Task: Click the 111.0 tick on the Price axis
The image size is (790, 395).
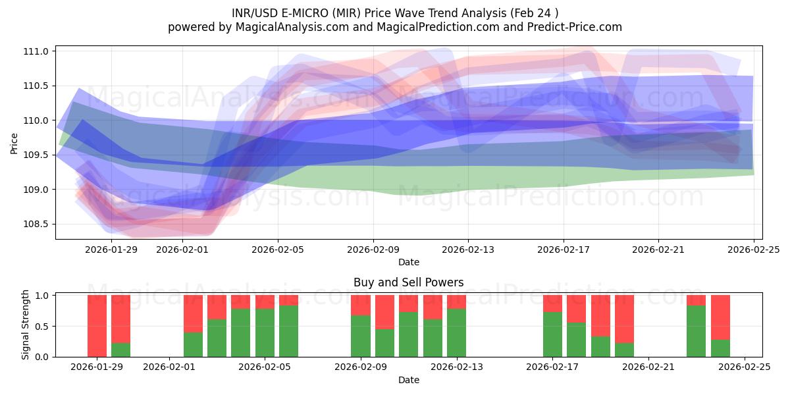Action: pos(38,51)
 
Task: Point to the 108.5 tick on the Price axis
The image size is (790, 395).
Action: pos(38,224)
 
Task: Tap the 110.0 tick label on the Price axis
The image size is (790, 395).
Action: pos(38,120)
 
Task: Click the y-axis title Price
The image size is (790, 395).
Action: pos(14,142)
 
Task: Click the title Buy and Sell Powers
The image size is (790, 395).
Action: pos(408,282)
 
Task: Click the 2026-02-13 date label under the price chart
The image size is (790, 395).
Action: pos(468,250)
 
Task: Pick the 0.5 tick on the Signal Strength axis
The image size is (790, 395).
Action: pos(41,326)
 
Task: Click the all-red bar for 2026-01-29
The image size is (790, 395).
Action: pos(97,326)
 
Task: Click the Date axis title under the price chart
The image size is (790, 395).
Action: pos(408,262)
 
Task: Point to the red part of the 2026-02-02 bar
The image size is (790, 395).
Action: pos(193,313)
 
